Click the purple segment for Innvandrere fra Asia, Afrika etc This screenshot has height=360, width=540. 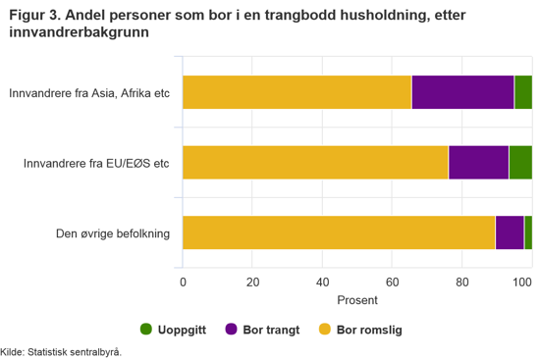click(x=462, y=91)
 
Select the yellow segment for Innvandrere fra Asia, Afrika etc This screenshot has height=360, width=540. click(x=297, y=91)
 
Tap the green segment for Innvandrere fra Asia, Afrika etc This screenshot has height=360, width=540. click(x=522, y=91)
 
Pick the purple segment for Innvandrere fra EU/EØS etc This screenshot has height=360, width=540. click(x=478, y=162)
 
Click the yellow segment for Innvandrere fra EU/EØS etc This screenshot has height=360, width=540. click(x=315, y=162)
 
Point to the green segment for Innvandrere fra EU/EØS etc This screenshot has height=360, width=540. click(x=520, y=162)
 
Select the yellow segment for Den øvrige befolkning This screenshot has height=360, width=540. click(x=339, y=232)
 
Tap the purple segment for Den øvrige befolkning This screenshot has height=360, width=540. click(x=510, y=232)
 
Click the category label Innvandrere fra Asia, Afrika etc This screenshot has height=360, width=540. click(x=89, y=94)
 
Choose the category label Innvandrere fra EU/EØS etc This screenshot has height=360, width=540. click(x=97, y=163)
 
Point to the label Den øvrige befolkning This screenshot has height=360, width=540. click(x=114, y=233)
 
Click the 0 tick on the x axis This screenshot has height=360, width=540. click(x=183, y=283)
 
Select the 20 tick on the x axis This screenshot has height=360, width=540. click(x=252, y=283)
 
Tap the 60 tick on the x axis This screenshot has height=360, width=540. click(x=392, y=283)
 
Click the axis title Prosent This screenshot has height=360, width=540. click(x=357, y=299)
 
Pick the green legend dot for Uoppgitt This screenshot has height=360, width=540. click(x=146, y=330)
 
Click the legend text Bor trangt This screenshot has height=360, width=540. click(x=272, y=330)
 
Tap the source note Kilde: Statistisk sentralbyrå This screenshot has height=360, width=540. click(x=61, y=351)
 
